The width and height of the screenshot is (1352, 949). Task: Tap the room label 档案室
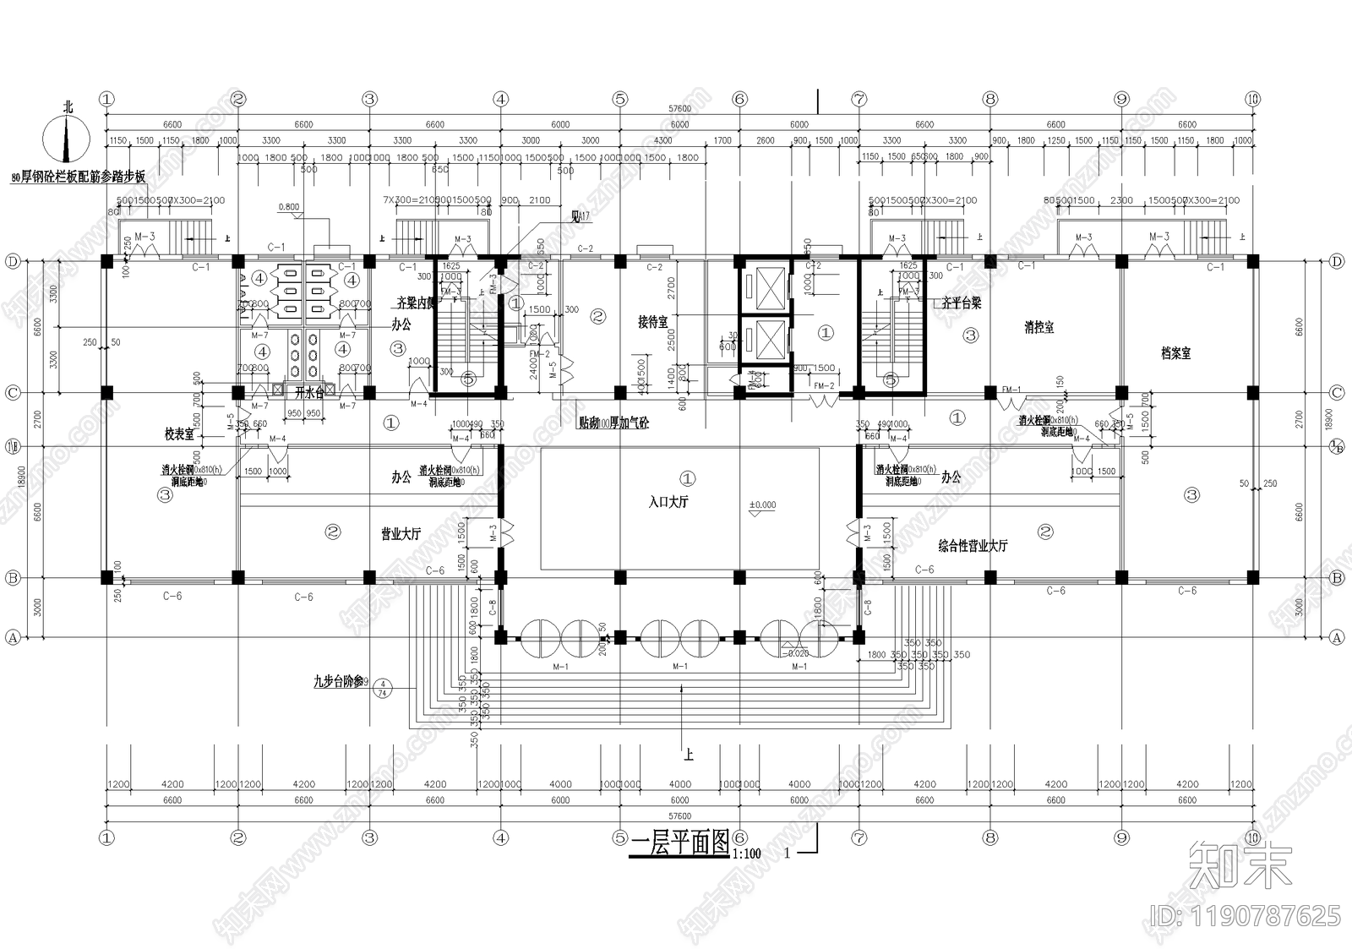click(1175, 353)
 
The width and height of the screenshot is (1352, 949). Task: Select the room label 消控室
click(1039, 327)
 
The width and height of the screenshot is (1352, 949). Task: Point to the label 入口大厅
click(668, 502)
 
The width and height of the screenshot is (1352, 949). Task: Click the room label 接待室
click(652, 322)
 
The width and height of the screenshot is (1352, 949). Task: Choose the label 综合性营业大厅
click(973, 546)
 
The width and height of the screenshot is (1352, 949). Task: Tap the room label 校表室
click(179, 434)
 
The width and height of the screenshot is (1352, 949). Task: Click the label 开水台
click(308, 392)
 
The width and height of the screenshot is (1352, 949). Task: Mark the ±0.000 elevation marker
click(762, 505)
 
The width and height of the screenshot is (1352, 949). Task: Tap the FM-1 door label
click(1011, 390)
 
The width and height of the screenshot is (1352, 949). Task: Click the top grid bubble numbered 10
click(1253, 99)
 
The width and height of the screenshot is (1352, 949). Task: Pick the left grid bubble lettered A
click(13, 638)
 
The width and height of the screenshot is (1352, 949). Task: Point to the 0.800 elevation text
click(288, 207)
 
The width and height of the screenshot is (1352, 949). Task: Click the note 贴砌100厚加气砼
click(614, 423)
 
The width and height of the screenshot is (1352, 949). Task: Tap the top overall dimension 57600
click(679, 109)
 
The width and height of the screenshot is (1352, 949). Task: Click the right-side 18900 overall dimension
click(1324, 418)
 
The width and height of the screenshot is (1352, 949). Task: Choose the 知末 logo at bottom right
click(1240, 865)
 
